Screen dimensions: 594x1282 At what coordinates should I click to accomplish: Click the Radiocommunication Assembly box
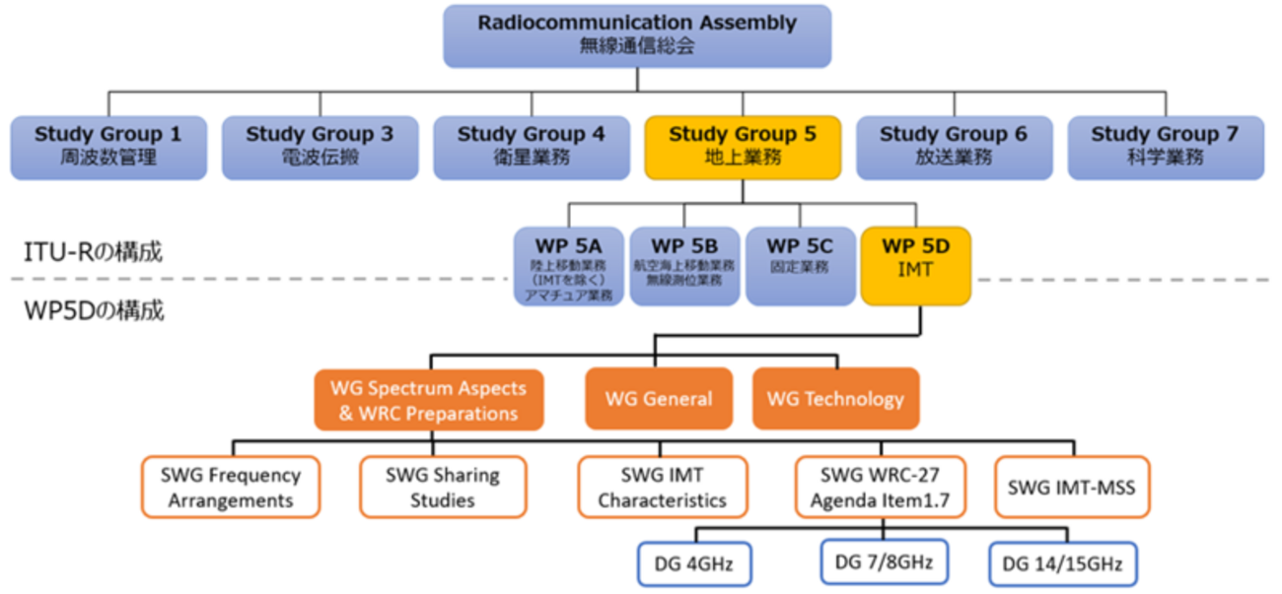point(637,35)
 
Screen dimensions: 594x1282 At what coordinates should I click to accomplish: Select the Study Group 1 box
point(108,147)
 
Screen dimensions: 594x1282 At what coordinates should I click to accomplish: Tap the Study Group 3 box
point(320,147)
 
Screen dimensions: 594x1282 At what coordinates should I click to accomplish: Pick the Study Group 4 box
point(531,147)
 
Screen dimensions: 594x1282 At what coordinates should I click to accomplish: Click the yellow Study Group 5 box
point(743,147)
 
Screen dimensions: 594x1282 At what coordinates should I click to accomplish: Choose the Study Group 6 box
point(954,147)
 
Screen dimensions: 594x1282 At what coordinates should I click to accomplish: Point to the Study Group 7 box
point(1165,147)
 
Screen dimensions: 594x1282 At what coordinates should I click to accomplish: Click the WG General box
point(659,399)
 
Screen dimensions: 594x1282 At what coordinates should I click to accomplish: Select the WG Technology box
point(835,399)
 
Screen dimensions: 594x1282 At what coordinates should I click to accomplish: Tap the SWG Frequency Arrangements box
point(231,487)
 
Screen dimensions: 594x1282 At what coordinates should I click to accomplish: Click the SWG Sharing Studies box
point(443,487)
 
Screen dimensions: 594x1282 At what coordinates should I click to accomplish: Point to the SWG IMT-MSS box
point(1072,487)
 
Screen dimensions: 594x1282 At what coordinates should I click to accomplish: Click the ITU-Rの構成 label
point(94,252)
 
